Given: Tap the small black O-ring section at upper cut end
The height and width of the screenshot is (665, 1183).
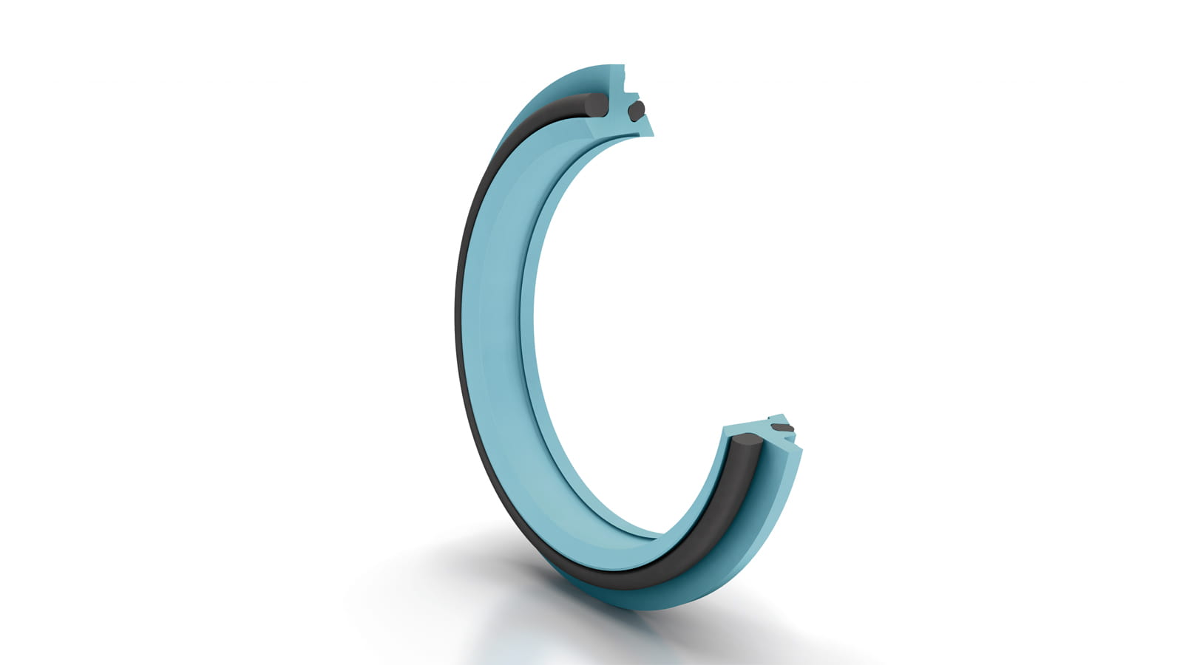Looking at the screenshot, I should [x=635, y=111].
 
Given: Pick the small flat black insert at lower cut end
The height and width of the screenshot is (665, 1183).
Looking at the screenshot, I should [x=782, y=428].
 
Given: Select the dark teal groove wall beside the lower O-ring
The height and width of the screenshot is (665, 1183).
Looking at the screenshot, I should [x=754, y=480].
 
